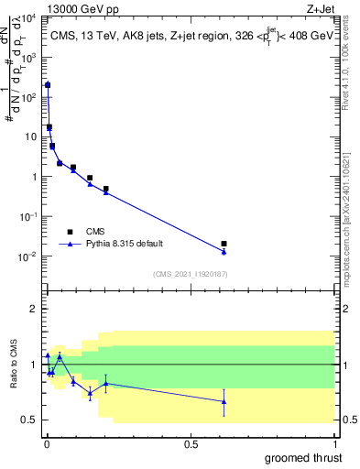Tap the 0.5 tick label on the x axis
tap(191, 442)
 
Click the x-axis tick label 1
tap(334, 442)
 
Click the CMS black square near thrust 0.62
tap(224, 244)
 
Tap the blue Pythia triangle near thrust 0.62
tap(224, 251)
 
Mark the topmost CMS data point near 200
tap(48, 84)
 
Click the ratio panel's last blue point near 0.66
tap(224, 401)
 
